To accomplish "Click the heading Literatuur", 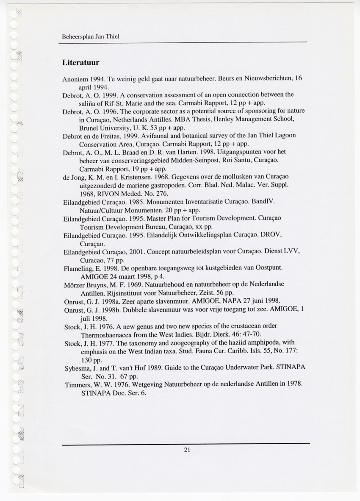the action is (80, 63).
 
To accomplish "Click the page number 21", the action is (187, 450).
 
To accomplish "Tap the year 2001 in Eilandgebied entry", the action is (136, 253).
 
